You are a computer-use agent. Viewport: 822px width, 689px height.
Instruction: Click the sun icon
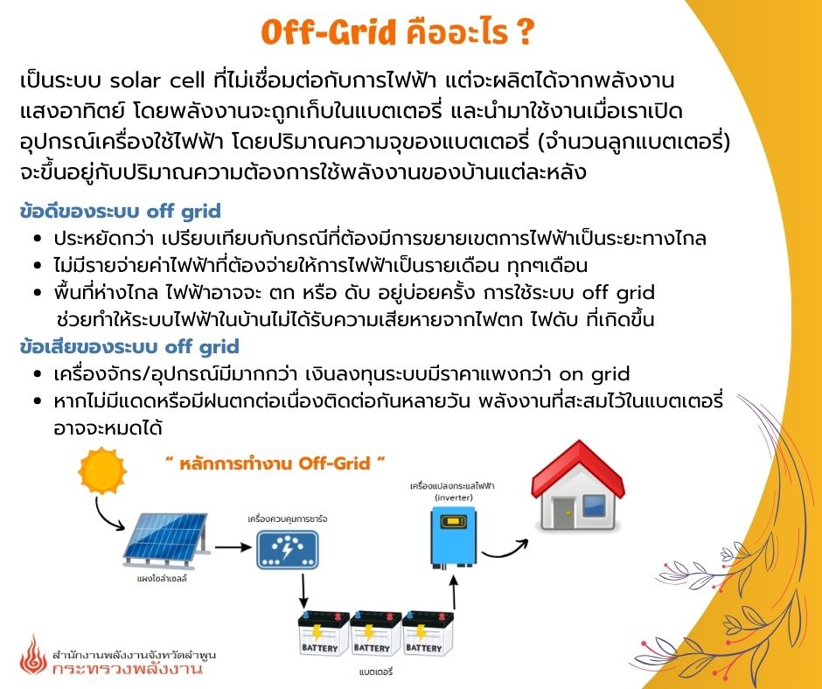click(x=102, y=470)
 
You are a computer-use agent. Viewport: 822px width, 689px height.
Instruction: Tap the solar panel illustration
click(x=167, y=540)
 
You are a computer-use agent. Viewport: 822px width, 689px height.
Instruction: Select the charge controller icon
click(x=288, y=549)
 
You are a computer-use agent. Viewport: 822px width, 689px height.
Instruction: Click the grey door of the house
click(x=563, y=513)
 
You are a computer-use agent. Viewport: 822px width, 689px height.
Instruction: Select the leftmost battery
click(x=324, y=633)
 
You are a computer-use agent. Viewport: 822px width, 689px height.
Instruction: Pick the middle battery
click(x=375, y=633)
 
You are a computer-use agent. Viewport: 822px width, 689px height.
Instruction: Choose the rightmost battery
click(x=428, y=633)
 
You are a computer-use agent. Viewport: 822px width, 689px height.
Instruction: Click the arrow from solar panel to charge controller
click(x=233, y=546)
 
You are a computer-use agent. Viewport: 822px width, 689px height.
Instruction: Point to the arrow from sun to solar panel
click(x=104, y=517)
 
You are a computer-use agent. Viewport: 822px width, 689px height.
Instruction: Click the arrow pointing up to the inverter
click(x=454, y=591)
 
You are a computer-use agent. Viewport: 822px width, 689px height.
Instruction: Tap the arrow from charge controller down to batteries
click(x=303, y=591)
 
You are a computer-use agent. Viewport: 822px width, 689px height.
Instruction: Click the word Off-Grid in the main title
click(x=328, y=31)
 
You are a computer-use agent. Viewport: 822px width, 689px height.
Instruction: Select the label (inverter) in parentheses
click(x=454, y=498)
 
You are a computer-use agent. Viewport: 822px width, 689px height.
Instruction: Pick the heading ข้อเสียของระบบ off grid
click(x=129, y=347)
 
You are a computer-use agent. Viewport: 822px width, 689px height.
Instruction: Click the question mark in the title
click(x=524, y=31)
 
